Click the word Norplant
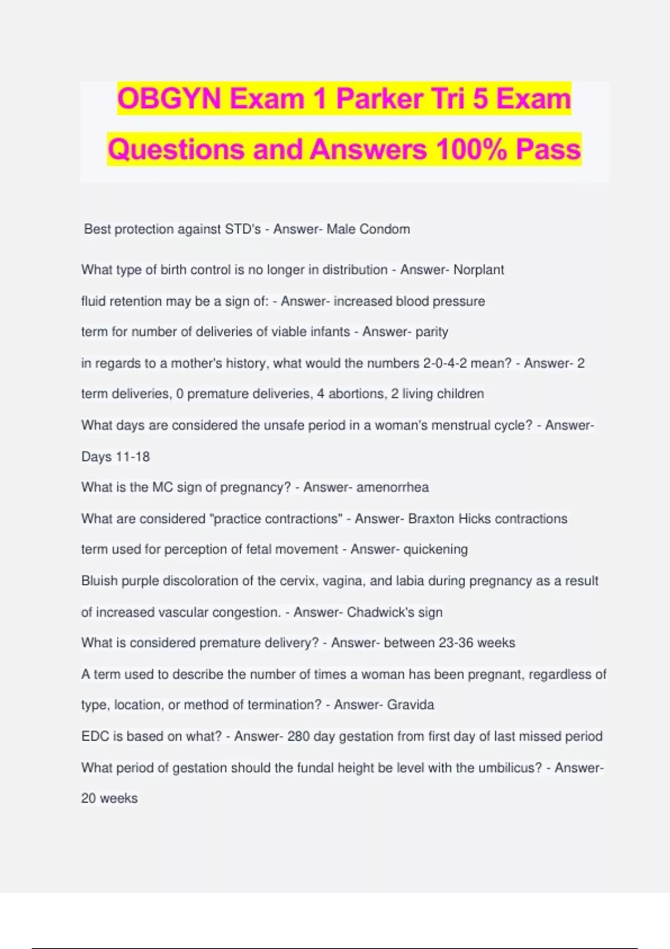coord(478,270)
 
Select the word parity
coord(432,332)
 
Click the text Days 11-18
coord(116,457)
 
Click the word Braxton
coord(431,519)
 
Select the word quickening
coord(435,549)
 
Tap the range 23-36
coord(456,643)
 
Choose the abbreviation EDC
coord(95,736)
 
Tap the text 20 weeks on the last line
coord(109,799)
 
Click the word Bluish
coord(99,581)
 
